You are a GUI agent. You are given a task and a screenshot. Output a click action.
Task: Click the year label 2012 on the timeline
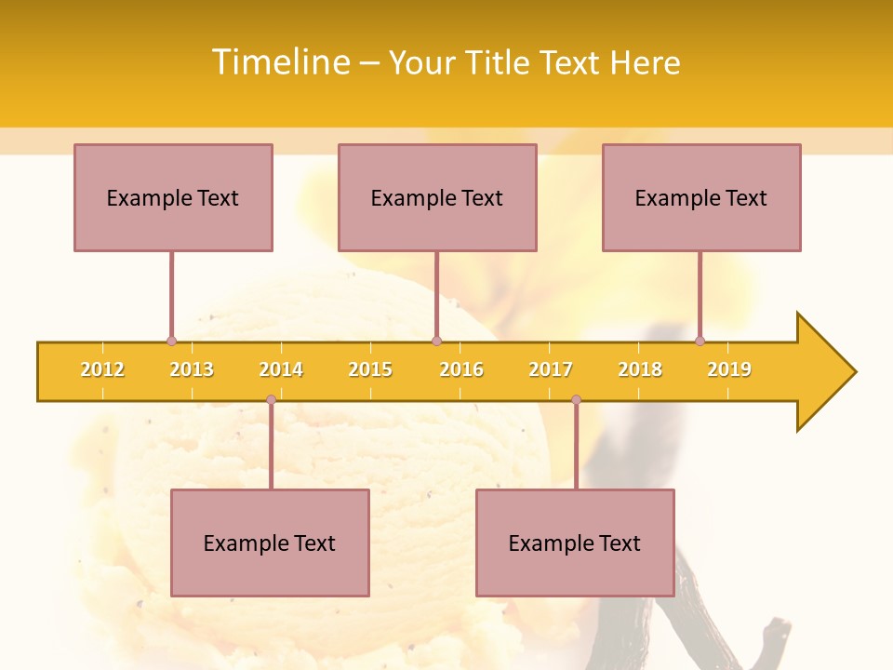102,369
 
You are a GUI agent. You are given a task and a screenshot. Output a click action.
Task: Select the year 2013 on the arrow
192,369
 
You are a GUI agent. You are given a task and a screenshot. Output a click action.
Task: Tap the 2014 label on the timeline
281,369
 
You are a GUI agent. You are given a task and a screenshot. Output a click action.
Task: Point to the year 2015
370,369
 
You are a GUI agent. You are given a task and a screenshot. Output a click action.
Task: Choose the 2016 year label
461,369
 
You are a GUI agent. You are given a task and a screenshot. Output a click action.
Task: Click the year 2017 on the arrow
551,369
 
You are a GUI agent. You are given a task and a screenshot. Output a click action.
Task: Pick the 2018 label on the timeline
640,369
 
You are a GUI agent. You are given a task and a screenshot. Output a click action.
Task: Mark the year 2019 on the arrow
729,369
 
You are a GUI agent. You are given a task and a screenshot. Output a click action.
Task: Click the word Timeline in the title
279,62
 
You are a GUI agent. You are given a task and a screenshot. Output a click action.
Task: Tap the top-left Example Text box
173,197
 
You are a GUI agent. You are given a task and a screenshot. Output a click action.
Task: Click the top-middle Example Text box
437,197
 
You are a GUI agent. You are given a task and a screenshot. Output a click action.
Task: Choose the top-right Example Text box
701,197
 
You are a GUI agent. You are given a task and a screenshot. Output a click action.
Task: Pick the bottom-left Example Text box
270,543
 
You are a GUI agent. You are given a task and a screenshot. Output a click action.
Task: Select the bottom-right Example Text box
575,543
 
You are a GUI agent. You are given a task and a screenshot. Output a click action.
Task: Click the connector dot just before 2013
171,341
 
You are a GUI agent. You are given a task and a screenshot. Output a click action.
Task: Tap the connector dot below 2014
271,400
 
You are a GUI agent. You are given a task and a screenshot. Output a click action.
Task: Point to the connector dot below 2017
576,400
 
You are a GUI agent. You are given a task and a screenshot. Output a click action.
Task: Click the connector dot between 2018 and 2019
700,341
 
